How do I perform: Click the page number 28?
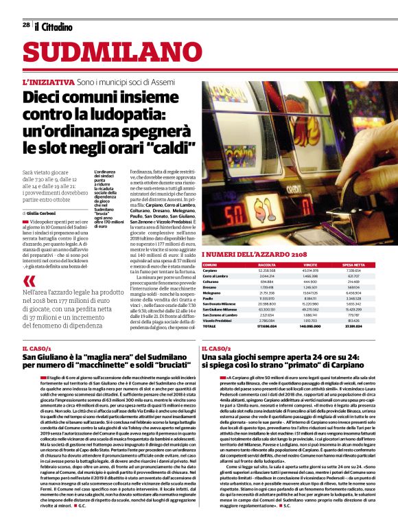(x=26, y=25)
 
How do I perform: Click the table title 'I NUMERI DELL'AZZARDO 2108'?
(x=255, y=255)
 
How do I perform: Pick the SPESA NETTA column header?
(x=354, y=264)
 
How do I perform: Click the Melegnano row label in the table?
(x=213, y=292)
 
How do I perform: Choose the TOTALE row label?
(x=209, y=326)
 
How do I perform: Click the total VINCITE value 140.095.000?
(x=310, y=326)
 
